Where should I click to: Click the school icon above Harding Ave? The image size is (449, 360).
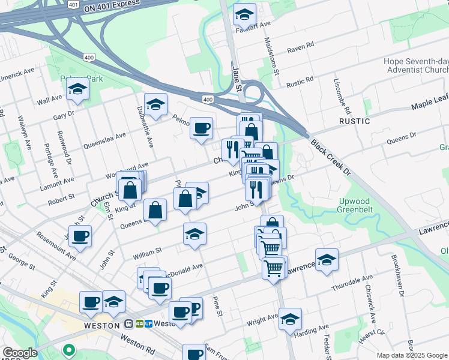click(290, 319)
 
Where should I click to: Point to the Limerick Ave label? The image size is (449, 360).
click(18, 73)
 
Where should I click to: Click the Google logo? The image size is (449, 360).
click(19, 353)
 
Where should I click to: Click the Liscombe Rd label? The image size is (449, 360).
click(347, 97)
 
